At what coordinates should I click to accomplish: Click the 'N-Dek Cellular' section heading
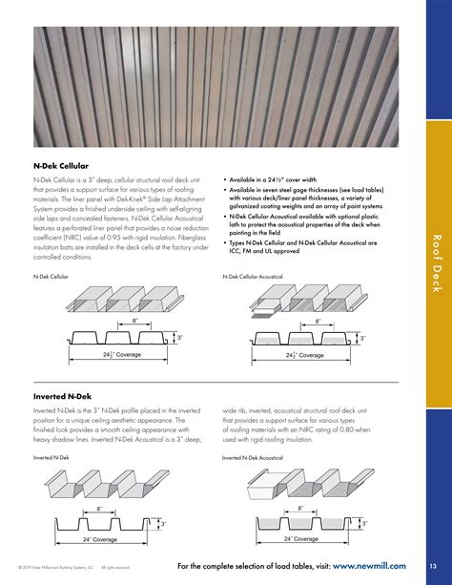[64, 165]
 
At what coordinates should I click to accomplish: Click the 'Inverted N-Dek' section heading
[62, 393]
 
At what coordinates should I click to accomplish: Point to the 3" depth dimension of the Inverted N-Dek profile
[165, 523]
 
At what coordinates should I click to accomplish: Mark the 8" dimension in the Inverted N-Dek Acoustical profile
[300, 508]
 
